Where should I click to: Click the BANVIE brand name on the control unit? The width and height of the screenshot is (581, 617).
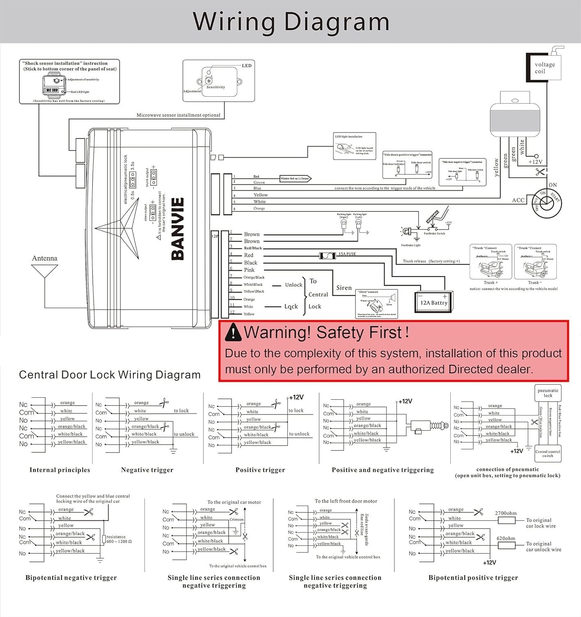(x=177, y=229)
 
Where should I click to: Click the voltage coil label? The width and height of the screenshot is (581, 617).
(x=544, y=68)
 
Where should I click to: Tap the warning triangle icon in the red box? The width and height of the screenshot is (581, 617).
(x=233, y=332)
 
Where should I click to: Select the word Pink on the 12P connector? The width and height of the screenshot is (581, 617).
(x=249, y=270)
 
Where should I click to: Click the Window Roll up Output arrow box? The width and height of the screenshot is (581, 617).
(x=295, y=179)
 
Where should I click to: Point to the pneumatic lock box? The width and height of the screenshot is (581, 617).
(x=548, y=393)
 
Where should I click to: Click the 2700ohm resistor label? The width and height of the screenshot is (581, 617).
(x=506, y=513)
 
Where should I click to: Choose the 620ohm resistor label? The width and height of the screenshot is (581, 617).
(x=506, y=538)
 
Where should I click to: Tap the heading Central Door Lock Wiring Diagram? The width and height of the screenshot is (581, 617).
(x=110, y=375)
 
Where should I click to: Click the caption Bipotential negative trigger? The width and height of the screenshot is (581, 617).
(x=71, y=578)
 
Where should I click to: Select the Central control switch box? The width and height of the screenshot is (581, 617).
(x=548, y=454)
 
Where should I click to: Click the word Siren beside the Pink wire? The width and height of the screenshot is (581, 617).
(x=344, y=288)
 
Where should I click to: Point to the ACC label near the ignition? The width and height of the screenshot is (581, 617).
(x=518, y=200)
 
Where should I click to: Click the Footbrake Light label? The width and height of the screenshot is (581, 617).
(x=411, y=245)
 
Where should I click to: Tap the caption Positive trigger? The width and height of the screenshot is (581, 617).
(x=260, y=470)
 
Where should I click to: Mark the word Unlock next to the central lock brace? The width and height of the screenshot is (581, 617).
(x=294, y=285)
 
